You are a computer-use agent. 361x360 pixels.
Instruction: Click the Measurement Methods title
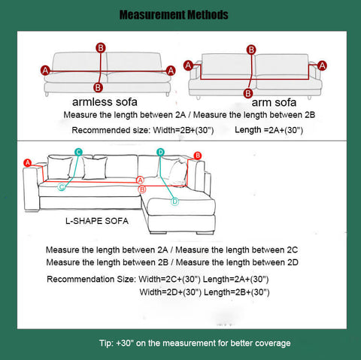click(174, 15)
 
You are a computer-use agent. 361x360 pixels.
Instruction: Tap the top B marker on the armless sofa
click(101, 47)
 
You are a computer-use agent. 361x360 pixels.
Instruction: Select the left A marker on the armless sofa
click(45, 71)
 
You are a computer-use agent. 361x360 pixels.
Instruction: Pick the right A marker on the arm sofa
click(322, 65)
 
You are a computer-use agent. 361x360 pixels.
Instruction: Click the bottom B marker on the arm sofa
click(248, 93)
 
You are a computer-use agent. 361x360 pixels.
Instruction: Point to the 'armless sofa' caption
click(105, 102)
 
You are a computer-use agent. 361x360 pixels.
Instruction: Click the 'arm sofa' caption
click(274, 102)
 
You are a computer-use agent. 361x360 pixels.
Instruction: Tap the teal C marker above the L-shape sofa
click(78, 152)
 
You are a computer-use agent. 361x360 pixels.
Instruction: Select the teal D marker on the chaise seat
click(174, 201)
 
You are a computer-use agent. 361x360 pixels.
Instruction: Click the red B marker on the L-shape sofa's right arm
click(198, 156)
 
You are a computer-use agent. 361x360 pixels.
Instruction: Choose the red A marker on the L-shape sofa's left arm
click(27, 163)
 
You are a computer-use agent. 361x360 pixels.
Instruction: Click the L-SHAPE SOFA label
click(97, 221)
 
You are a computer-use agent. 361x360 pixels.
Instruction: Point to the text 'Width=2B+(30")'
click(184, 130)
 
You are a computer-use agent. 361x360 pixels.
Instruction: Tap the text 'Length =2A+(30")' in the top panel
click(268, 130)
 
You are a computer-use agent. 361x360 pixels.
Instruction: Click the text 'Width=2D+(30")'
click(171, 292)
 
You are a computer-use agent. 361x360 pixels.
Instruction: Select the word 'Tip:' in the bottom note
click(106, 343)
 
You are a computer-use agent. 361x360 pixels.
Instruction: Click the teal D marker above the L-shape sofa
click(160, 152)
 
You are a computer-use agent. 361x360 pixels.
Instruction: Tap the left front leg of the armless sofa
click(47, 94)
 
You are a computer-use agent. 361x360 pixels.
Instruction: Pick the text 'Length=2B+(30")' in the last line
click(237, 292)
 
